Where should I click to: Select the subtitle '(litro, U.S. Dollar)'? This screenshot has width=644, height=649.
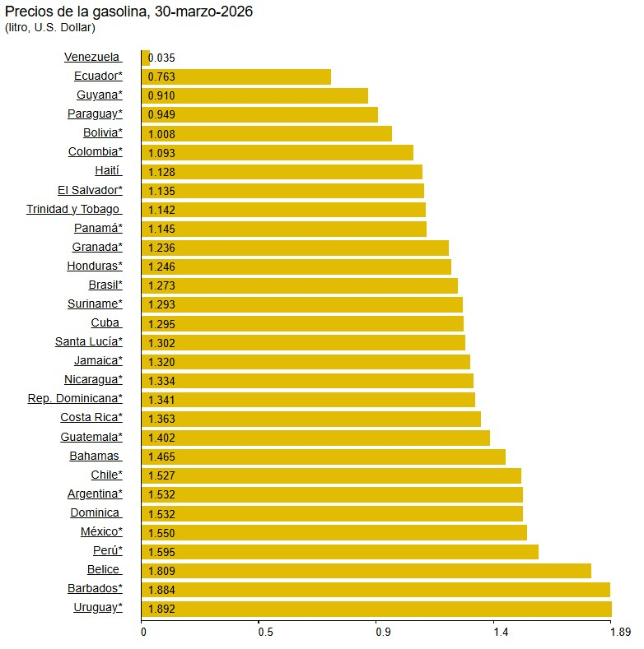pyautogui.click(x=50, y=28)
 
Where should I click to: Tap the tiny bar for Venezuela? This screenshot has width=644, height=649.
pyautogui.click(x=146, y=58)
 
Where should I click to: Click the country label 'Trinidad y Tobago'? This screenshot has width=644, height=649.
pyautogui.click(x=73, y=210)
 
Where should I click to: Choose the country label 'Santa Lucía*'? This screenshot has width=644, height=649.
pyautogui.click(x=89, y=342)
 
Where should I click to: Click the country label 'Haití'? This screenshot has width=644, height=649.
pyautogui.click(x=108, y=171)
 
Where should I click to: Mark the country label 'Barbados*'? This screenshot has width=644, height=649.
pyautogui.click(x=95, y=589)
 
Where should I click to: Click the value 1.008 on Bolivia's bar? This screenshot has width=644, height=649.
pyautogui.click(x=161, y=134)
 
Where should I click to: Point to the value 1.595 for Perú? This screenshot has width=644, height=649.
pyautogui.click(x=161, y=552)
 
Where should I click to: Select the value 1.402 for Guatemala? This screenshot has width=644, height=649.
pyautogui.click(x=161, y=438)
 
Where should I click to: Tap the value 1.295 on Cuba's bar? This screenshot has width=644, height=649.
pyautogui.click(x=161, y=324)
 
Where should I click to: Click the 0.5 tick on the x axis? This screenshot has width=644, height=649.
pyautogui.click(x=265, y=633)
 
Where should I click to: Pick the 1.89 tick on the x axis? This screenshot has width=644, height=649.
pyautogui.click(x=619, y=633)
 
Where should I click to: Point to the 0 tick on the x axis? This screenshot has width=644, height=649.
pyautogui.click(x=143, y=633)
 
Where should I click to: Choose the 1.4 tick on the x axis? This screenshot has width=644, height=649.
pyautogui.click(x=500, y=633)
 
